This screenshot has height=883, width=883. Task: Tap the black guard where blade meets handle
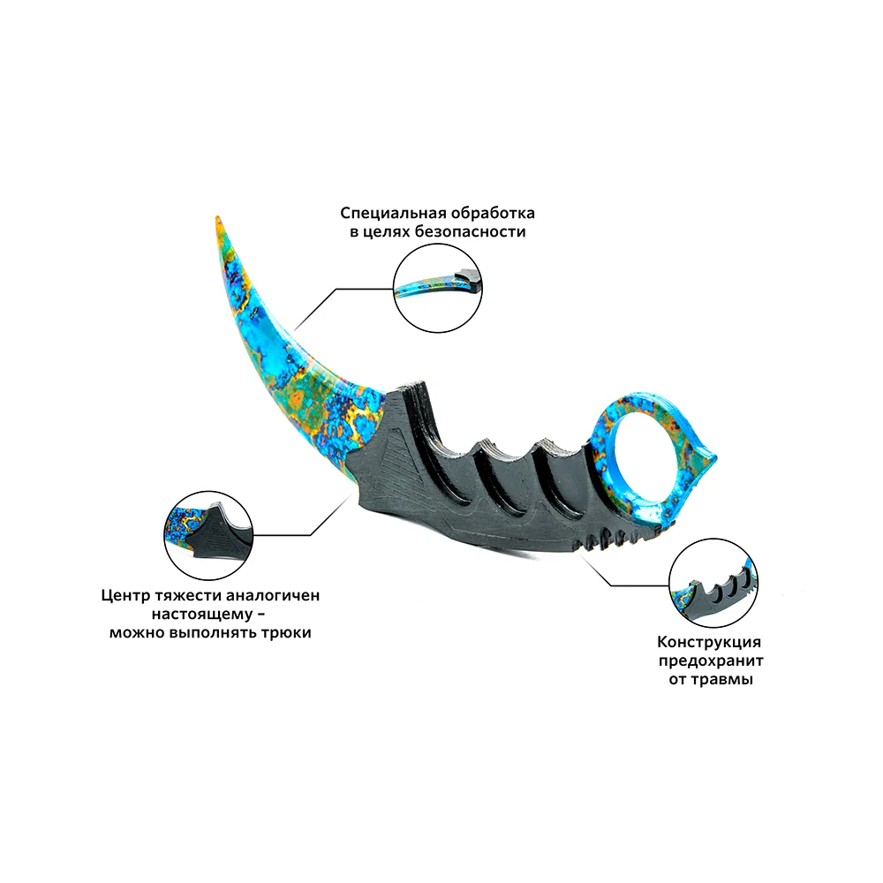[397, 441]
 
